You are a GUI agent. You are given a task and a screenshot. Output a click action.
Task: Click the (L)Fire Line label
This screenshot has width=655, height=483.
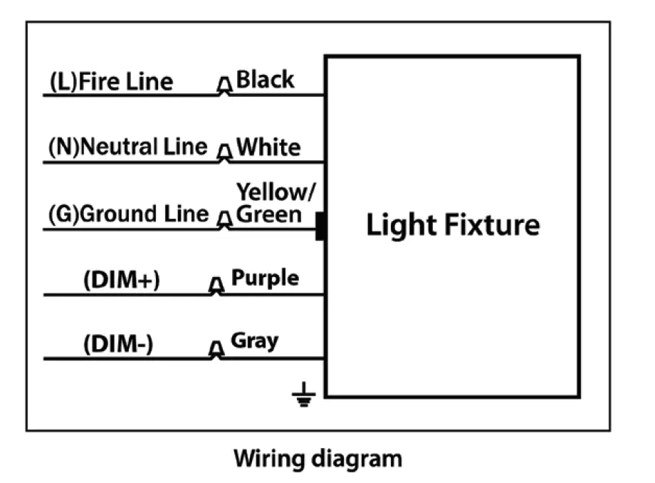click(111, 82)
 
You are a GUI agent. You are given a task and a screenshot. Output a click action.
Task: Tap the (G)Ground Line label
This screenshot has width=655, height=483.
click(129, 214)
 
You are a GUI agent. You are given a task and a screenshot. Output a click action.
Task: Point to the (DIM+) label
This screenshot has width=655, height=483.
click(122, 281)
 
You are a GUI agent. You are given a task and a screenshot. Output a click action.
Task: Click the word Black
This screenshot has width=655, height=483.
click(265, 79)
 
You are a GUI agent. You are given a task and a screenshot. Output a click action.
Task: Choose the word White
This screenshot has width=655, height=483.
click(268, 147)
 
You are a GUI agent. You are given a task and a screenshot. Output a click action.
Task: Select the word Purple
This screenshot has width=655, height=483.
click(266, 278)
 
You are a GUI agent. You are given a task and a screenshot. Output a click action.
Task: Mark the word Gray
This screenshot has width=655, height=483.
click(254, 341)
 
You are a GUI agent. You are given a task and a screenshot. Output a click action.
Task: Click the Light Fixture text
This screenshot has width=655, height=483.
click(453, 225)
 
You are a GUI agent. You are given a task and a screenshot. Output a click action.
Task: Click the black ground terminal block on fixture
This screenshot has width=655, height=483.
click(320, 226)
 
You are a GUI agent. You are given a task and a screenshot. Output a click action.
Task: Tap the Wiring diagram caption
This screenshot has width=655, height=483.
click(318, 457)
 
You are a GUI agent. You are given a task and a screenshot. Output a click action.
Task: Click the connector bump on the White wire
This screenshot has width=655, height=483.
click(224, 153)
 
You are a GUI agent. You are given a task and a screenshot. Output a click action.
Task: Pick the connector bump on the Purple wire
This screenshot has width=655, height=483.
click(215, 286)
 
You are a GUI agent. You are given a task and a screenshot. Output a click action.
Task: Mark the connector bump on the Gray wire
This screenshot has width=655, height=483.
click(215, 350)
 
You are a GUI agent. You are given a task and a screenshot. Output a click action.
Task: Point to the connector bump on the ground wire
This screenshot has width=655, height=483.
click(224, 219)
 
